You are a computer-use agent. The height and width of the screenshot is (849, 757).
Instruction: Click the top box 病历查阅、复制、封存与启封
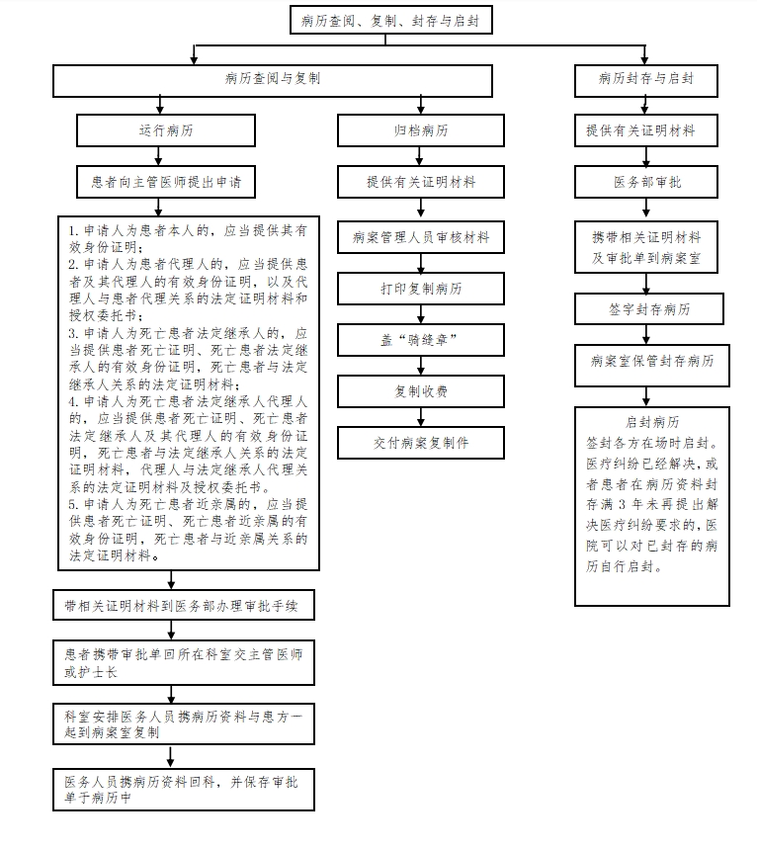[391, 20]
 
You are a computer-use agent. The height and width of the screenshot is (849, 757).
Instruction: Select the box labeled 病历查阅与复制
[273, 81]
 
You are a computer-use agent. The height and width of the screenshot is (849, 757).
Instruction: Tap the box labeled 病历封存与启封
[646, 81]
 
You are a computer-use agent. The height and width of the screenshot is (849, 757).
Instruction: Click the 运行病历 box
[166, 130]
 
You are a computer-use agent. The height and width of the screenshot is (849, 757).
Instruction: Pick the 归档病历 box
[421, 130]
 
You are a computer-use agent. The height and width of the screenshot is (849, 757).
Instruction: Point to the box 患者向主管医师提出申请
[166, 182]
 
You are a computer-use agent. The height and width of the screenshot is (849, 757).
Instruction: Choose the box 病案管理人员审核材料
[421, 237]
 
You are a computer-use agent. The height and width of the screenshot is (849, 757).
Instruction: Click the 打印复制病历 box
[421, 289]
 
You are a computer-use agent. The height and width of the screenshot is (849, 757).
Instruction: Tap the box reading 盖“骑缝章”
[421, 340]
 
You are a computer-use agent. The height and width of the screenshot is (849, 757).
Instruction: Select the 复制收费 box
[421, 391]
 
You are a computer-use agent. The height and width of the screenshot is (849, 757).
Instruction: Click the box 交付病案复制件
[421, 443]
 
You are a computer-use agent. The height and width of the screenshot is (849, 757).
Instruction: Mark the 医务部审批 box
[646, 182]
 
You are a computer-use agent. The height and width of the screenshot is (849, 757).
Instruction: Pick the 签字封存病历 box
[648, 309]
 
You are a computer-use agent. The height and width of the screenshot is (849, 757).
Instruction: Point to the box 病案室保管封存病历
[652, 366]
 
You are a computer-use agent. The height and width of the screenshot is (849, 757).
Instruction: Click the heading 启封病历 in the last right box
[652, 422]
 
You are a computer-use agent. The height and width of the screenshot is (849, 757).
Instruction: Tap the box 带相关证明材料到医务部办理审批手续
[184, 605]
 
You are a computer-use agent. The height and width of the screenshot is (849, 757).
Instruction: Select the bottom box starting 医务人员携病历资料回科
[184, 790]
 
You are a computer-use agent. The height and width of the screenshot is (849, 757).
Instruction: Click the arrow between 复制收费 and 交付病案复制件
[421, 417]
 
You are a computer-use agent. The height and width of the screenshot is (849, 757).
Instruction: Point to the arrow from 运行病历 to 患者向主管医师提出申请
[158, 156]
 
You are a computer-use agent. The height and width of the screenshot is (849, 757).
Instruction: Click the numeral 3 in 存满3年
[622, 505]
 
